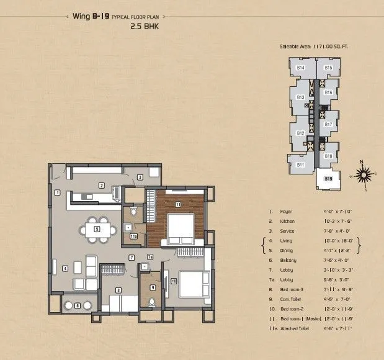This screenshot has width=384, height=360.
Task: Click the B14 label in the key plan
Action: tap(300, 68)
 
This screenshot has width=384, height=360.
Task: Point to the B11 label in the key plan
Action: tap(300, 164)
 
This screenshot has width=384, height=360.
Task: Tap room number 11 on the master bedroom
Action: tap(177, 204)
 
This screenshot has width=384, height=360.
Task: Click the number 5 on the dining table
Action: tap(97, 229)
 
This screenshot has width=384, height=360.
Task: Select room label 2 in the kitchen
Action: tap(100, 185)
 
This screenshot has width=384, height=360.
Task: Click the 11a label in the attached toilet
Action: tap(133, 236)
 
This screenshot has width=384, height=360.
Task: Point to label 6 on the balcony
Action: tap(78, 305)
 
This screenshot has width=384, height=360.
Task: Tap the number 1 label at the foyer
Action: tap(56, 192)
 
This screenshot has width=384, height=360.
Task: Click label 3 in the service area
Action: tap(141, 178)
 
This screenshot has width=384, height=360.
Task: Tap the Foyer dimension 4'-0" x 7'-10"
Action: tap(339, 211)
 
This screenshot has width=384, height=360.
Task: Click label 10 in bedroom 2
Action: tap(174, 281)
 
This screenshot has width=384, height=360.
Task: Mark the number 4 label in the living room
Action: tap(65, 269)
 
